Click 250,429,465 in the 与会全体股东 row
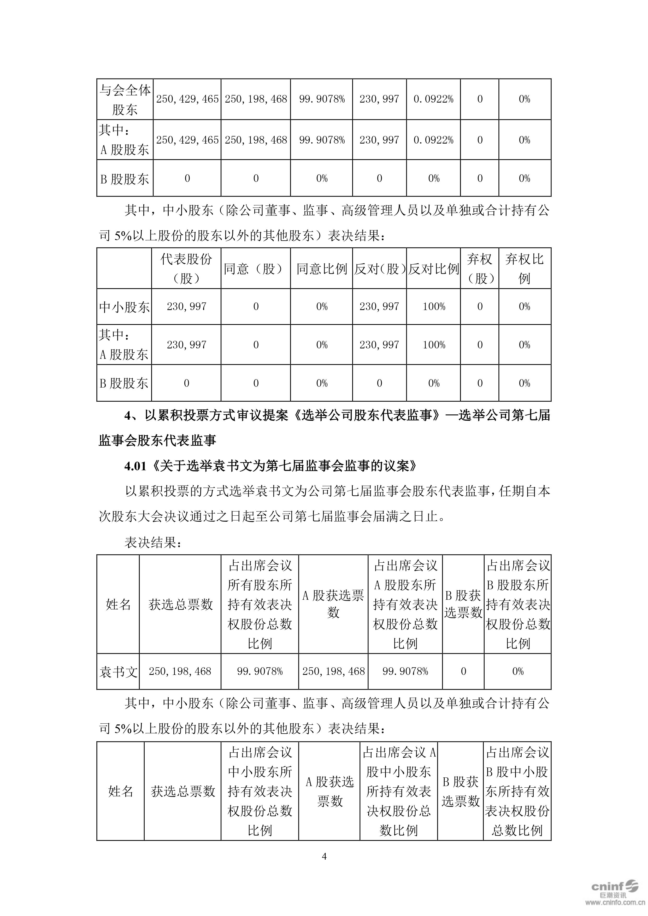point(187,99)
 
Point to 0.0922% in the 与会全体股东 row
point(433,99)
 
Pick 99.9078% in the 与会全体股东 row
point(322,99)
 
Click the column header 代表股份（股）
point(186,269)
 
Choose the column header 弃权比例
point(524,269)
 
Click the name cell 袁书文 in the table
point(118,672)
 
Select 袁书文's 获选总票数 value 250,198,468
point(180,671)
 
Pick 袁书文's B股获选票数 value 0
point(463,671)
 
